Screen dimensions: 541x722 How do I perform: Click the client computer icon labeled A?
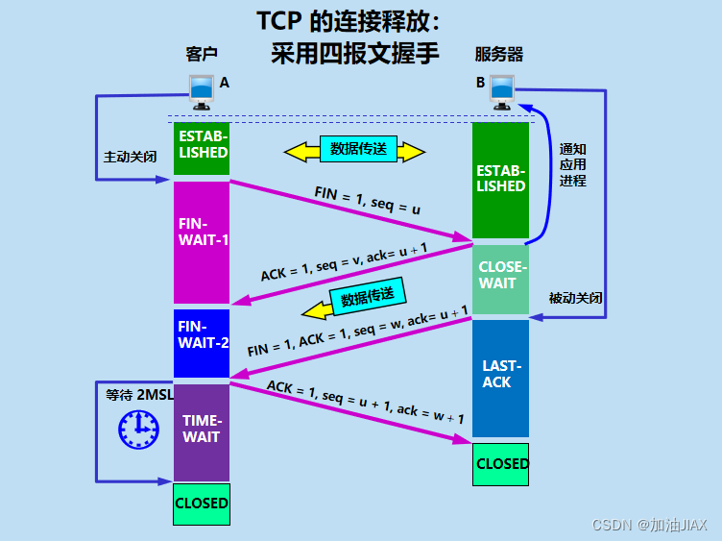click(x=202, y=91)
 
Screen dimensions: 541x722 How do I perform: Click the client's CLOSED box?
click(x=202, y=504)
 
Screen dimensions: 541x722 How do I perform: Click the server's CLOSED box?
click(x=502, y=464)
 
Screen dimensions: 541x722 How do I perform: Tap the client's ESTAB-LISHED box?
click(x=202, y=147)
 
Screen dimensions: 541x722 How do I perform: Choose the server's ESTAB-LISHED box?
click(x=500, y=179)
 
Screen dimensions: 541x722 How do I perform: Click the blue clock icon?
click(x=137, y=430)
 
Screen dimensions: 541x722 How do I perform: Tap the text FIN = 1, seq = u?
click(x=367, y=199)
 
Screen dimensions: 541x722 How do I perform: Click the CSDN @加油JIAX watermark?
click(x=649, y=525)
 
